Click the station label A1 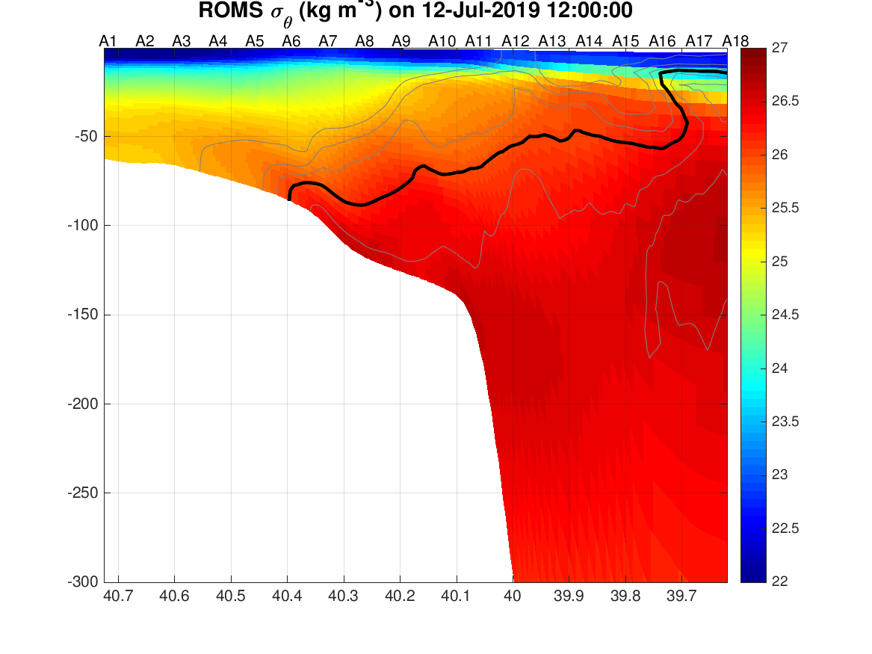(108, 41)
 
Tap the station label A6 (291, 41)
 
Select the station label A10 (442, 41)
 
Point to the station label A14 (589, 41)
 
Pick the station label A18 (735, 41)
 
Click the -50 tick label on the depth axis (86, 136)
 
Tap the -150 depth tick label (82, 315)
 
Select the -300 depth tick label (82, 582)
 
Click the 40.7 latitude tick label (119, 596)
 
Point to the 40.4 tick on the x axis (287, 596)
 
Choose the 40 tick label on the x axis (512, 596)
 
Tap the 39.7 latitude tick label (681, 596)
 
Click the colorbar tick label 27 (779, 48)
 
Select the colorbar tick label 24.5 (785, 315)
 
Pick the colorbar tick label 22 (779, 581)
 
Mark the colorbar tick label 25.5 (785, 208)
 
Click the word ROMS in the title (231, 10)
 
